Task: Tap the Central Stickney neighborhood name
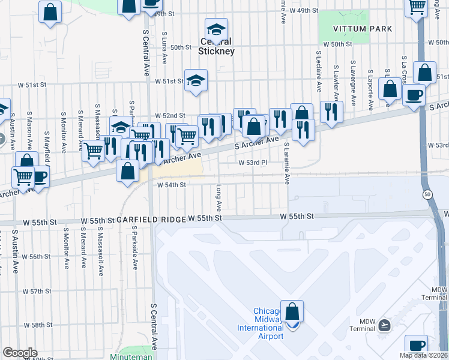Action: pyautogui.click(x=217, y=47)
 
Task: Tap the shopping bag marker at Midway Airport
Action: pyautogui.click(x=292, y=313)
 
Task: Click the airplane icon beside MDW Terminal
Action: pyautogui.click(x=385, y=325)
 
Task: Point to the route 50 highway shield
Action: pyautogui.click(x=427, y=194)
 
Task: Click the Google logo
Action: pyautogui.click(x=20, y=353)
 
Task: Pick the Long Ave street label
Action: pyautogui.click(x=220, y=198)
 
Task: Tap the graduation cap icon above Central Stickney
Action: pyautogui.click(x=216, y=28)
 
